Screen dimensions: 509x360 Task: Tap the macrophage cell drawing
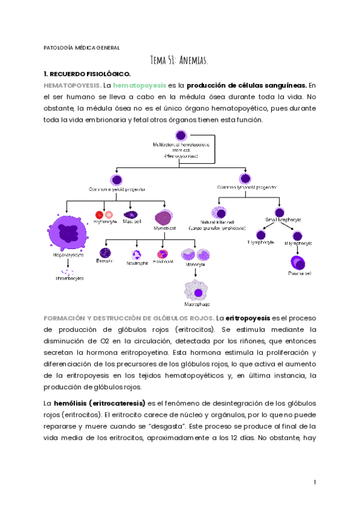click(197, 292)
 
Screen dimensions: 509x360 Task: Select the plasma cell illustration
click(298, 262)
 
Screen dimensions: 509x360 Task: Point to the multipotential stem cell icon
click(181, 136)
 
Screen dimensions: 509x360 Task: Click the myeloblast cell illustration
click(163, 218)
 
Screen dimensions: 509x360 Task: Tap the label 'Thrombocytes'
click(71, 279)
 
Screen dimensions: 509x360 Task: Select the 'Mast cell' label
click(131, 221)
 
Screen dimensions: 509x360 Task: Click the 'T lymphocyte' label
click(261, 243)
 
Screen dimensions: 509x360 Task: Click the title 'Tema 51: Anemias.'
click(180, 60)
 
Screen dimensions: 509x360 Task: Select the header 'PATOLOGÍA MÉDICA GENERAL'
click(82, 47)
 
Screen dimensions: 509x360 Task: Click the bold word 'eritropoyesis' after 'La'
click(248, 318)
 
